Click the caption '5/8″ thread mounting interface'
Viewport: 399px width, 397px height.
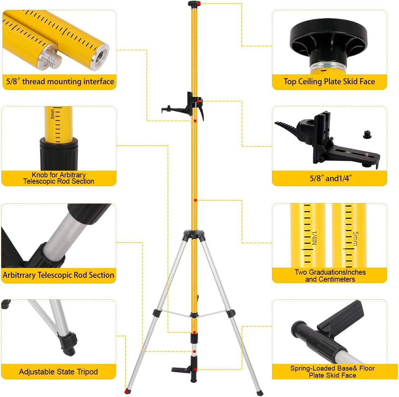(x=60, y=81)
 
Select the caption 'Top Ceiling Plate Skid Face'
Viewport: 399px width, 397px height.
(x=329, y=81)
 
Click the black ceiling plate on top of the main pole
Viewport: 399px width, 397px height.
(x=194, y=4)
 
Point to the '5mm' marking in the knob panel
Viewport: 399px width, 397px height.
(x=53, y=114)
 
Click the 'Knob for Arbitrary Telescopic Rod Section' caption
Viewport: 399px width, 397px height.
(x=59, y=178)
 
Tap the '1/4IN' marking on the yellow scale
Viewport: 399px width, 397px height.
(x=315, y=238)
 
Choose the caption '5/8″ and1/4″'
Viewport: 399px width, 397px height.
(x=331, y=178)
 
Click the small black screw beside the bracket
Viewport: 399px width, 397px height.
(x=367, y=135)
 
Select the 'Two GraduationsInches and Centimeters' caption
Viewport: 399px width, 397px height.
(x=330, y=276)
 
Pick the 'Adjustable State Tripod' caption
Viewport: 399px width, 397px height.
(x=58, y=372)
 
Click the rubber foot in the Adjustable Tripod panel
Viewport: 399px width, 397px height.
(x=67, y=344)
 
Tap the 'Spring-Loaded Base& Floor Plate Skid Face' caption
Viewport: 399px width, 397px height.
(x=332, y=372)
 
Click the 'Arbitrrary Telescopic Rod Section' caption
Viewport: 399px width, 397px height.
(x=58, y=275)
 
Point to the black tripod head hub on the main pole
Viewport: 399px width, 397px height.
(x=194, y=234)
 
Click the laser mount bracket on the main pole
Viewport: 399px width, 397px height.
(x=183, y=107)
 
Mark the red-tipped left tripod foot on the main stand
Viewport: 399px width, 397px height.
(x=128, y=391)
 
